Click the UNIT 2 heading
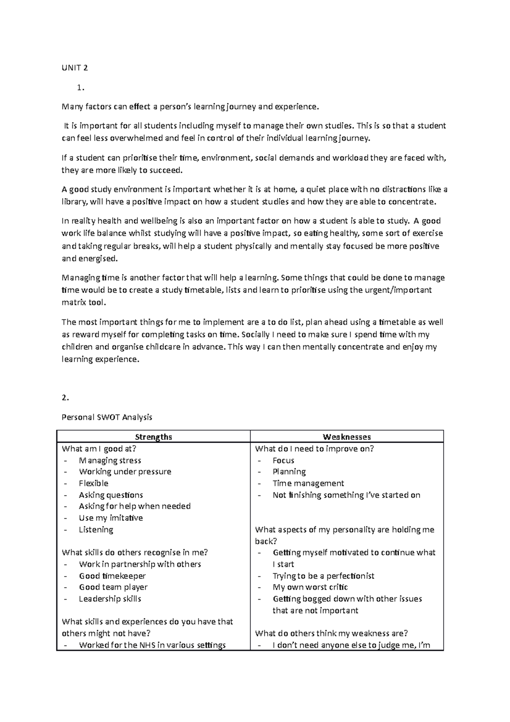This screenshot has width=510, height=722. pos(75,68)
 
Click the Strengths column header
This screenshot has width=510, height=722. pos(153,437)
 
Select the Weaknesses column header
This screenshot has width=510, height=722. pos(347,437)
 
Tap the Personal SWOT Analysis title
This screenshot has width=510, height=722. pos(107,417)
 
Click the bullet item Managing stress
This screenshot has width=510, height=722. pos(110,460)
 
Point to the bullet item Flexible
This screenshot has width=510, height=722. pos(93,483)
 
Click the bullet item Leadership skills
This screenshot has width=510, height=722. pos(110,599)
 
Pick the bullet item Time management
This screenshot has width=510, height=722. pos(308,483)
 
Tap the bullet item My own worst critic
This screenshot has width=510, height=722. pos(310,588)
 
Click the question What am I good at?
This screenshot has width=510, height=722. pos(99,449)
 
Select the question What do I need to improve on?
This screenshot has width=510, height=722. pos(314,449)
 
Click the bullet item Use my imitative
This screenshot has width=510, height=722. pos(110,518)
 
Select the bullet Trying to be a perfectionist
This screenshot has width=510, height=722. pos(323,576)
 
